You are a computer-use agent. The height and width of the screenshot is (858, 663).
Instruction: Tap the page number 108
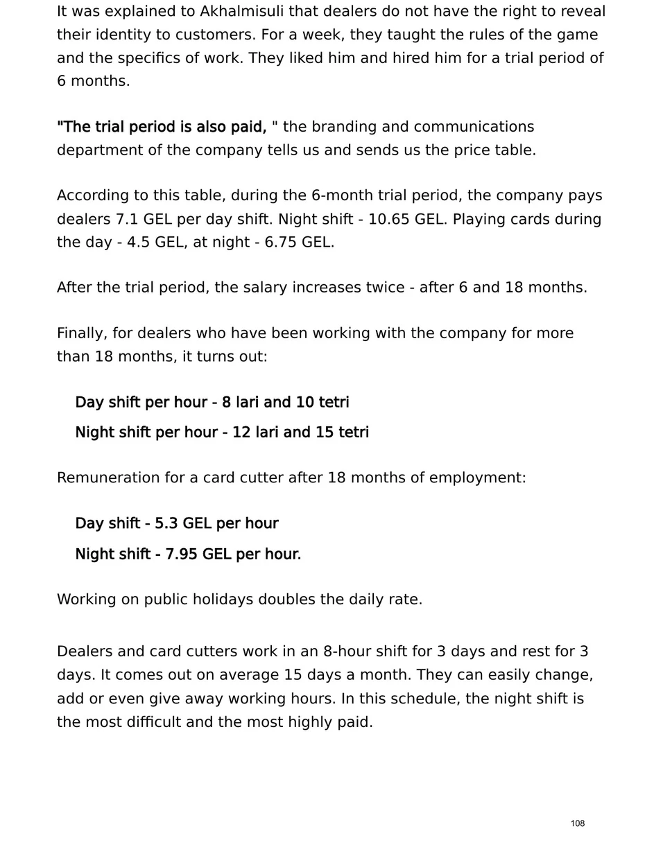click(578, 823)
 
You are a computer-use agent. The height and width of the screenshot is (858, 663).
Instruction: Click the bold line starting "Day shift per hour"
click(212, 403)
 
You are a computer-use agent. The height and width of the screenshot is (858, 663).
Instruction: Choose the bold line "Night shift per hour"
click(222, 432)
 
